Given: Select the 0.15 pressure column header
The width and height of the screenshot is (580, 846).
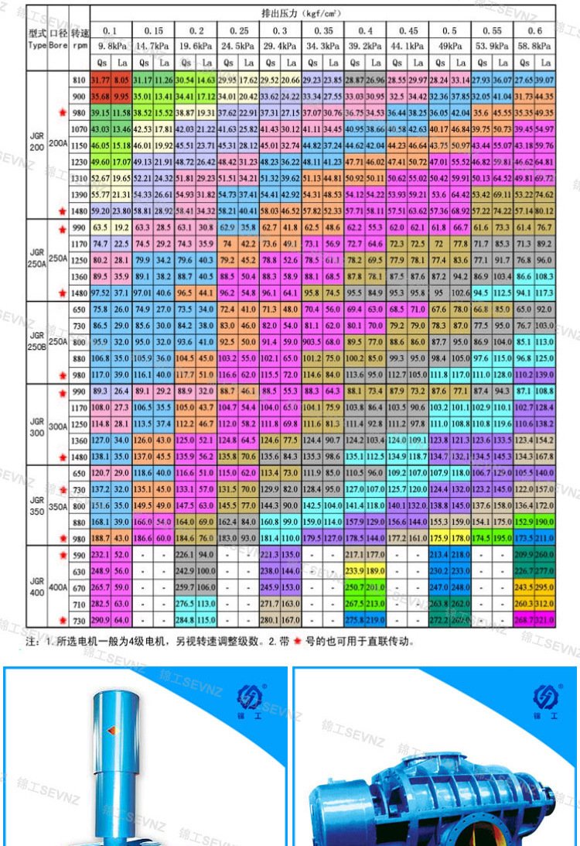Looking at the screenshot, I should tap(153, 30).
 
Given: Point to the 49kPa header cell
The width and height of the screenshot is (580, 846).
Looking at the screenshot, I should tap(449, 46).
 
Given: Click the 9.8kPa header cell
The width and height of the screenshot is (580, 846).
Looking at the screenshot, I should tap(111, 46).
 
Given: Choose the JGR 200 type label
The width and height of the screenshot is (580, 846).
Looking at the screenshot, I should tap(36, 144).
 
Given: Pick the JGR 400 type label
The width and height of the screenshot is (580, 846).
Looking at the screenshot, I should tap(36, 587).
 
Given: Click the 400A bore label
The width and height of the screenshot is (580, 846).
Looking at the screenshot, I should tap(58, 587).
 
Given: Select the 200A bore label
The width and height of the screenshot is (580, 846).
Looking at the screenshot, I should tap(58, 144).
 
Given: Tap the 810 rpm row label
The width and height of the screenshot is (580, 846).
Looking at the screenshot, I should tap(78, 80).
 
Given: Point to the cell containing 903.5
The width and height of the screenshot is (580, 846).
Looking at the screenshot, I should tap(313, 341).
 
